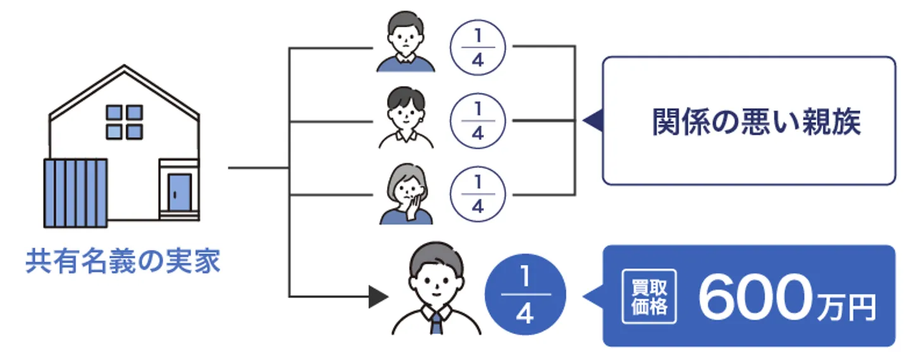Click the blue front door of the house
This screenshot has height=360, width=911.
click(179, 193)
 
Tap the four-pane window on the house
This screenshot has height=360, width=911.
click(124, 121)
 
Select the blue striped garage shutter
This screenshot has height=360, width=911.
click(75, 194)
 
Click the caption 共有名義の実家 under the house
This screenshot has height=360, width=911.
click(123, 261)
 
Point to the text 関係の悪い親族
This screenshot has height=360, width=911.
click(756, 121)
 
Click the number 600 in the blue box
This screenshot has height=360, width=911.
click(753, 297)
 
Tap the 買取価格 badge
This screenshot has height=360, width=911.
click(645, 297)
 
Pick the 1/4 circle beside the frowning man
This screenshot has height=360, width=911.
click(478, 48)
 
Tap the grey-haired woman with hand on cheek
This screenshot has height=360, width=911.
click(406, 192)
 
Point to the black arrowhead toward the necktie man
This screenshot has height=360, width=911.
click(378, 296)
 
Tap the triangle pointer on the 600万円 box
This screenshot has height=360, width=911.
click(593, 296)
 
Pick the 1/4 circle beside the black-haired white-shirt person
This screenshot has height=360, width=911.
click(478, 121)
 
